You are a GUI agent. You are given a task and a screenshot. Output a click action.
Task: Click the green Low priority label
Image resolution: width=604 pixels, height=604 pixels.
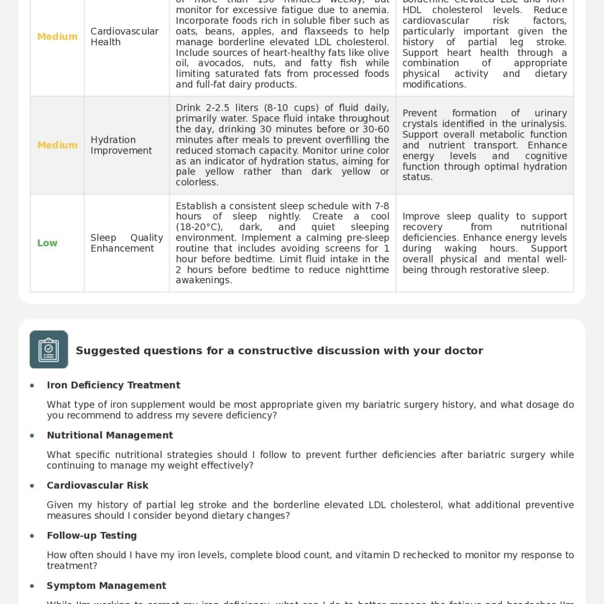(x=47, y=243)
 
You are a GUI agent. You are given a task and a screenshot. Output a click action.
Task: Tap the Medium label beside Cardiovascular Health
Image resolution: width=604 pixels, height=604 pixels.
(x=57, y=37)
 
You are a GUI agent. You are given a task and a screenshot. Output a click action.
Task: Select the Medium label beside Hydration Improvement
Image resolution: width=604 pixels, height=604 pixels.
(x=57, y=145)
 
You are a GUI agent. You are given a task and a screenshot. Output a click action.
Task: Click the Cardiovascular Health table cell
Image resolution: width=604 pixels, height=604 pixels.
(x=124, y=37)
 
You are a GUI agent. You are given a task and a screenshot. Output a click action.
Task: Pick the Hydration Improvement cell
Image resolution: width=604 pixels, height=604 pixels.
(x=121, y=145)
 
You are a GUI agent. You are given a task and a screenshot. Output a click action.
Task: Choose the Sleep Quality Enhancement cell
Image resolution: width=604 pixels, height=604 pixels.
(x=127, y=243)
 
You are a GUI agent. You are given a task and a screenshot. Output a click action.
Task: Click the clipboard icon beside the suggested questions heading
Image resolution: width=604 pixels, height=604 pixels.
(x=49, y=349)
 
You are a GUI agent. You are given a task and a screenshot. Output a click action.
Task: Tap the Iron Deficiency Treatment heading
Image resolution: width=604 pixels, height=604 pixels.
(x=113, y=385)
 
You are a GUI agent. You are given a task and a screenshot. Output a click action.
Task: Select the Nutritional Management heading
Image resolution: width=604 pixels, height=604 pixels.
(x=110, y=435)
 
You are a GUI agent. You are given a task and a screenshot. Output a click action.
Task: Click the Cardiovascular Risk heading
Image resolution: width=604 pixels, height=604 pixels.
(x=98, y=485)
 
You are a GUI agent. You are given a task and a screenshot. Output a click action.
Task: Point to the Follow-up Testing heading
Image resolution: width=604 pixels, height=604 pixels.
(x=92, y=536)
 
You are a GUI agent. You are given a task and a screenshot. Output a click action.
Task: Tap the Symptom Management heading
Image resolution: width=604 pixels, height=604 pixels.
(x=106, y=586)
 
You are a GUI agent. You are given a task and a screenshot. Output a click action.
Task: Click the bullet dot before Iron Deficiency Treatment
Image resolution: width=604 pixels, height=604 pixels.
(x=32, y=386)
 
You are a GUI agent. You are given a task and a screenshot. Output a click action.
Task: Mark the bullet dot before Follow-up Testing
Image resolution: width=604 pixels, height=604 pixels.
(x=32, y=536)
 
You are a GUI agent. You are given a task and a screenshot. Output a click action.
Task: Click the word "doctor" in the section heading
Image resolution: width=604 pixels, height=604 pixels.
(x=466, y=351)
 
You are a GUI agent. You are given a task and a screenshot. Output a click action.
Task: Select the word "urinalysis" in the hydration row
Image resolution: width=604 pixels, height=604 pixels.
(x=542, y=124)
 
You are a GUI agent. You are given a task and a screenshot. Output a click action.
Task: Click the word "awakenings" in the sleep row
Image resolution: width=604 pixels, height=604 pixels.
(x=203, y=280)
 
